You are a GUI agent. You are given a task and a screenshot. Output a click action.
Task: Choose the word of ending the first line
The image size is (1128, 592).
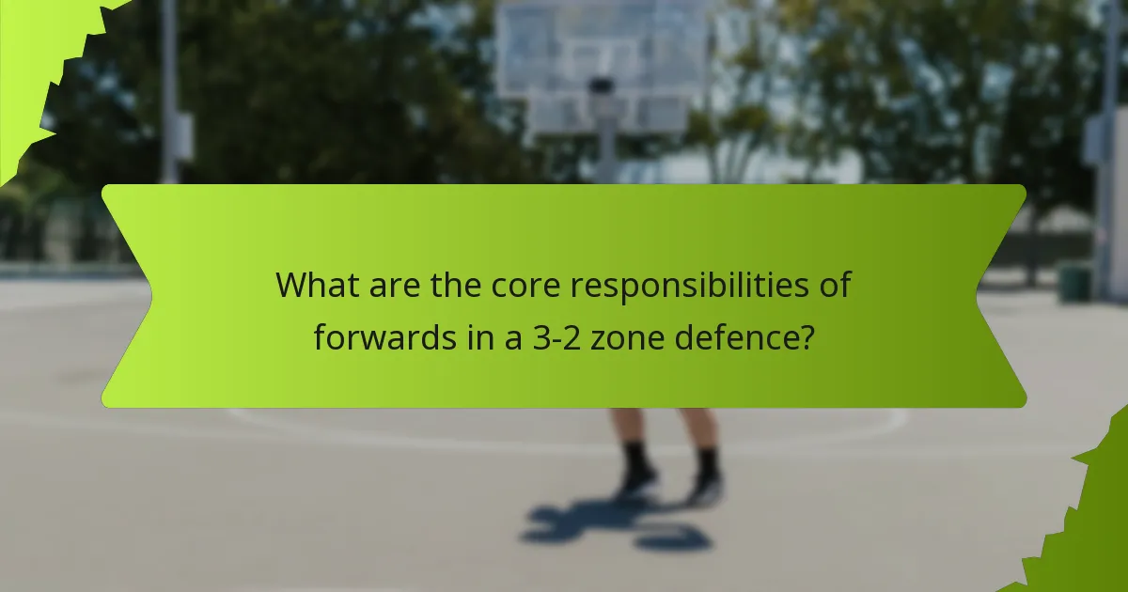click(x=834, y=285)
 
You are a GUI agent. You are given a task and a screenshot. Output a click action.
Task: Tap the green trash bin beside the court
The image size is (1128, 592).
click(x=1074, y=282)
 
